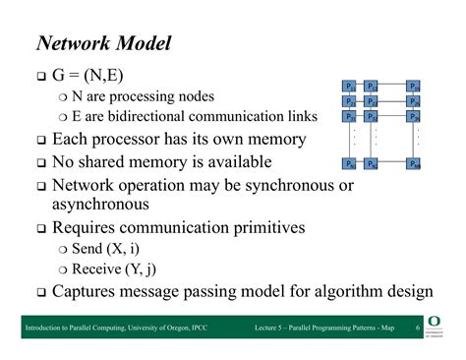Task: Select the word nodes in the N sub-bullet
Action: tap(193, 96)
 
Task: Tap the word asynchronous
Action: tap(100, 204)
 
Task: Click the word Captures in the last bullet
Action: tap(87, 292)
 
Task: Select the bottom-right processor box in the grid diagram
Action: tap(414, 163)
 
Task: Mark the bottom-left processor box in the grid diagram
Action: tap(350, 163)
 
